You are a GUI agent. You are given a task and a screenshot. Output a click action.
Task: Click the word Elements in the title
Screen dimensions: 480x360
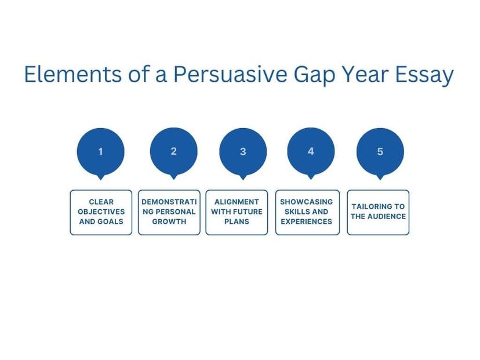[73, 74]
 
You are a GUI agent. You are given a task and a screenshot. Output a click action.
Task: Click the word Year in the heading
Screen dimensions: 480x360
[365, 74]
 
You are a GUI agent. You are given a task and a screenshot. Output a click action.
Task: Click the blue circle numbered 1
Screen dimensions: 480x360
[101, 152]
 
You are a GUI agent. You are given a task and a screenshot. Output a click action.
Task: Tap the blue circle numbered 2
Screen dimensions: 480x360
[173, 151]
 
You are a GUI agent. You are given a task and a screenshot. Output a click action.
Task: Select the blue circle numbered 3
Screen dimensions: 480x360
[243, 152]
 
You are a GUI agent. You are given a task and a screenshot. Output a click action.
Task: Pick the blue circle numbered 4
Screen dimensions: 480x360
[311, 151]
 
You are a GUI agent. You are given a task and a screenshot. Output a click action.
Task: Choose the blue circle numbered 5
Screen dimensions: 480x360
[380, 152]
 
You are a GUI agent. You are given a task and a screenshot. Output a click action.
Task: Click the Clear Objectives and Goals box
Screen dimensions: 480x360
[101, 212]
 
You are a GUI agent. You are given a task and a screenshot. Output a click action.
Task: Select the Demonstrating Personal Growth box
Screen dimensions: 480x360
[169, 212]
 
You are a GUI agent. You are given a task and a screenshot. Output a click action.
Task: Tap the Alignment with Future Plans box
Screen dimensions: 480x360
[237, 212]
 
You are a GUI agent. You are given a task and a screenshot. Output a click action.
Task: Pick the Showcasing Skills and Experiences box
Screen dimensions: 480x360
[307, 212]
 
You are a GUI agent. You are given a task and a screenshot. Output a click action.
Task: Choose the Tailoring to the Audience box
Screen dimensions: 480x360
[378, 212]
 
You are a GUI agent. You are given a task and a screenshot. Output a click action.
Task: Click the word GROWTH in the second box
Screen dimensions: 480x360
[169, 221]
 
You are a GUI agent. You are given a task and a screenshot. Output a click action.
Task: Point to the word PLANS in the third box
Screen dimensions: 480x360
[237, 221]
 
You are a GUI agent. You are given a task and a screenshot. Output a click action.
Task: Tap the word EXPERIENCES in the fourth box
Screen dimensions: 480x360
[307, 221]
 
